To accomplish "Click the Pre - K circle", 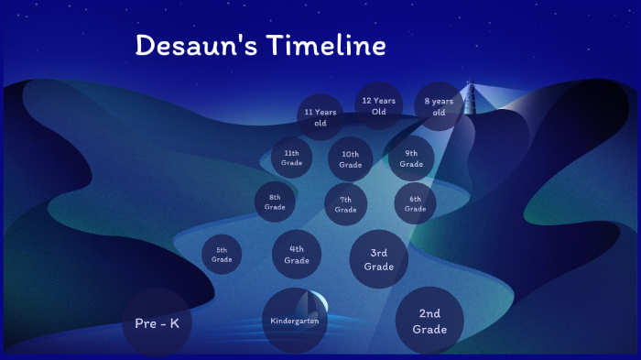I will point(157,323).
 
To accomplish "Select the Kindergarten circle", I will point(294,322).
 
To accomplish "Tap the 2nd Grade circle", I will point(429,322).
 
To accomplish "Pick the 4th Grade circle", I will point(297,254).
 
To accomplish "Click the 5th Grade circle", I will point(222,254).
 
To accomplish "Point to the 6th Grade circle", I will point(415,203).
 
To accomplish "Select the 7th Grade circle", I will point(345,204).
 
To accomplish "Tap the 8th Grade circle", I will point(275,202).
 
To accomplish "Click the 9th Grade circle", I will point(411,158).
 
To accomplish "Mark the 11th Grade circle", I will point(292,158).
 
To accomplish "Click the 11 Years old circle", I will point(320,117).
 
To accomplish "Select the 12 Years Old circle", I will point(379,105).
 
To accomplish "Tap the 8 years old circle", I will point(439,106).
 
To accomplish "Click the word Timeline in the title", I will point(326,46).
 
